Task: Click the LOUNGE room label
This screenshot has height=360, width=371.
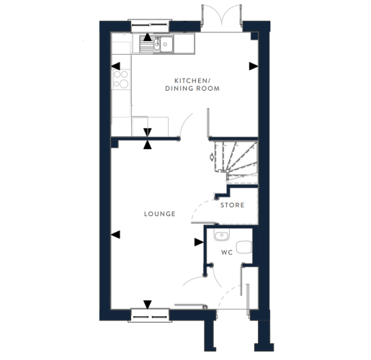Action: pos(160,214)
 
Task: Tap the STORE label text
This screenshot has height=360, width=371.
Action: pos(233,205)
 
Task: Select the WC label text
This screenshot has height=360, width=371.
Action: pos(227,253)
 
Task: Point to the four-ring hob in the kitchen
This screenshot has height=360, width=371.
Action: pos(121,79)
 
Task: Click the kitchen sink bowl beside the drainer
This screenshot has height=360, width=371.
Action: pos(166,45)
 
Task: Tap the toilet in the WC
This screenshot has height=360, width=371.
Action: pos(244,247)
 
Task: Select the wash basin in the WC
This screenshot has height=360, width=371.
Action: pos(222,235)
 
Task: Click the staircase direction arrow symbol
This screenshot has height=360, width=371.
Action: pos(212,157)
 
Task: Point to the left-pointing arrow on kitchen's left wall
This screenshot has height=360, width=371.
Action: pos(115,66)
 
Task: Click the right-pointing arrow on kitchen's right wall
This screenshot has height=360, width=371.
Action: pos(254,66)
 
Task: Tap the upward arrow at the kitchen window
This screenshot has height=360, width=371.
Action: pos(148,37)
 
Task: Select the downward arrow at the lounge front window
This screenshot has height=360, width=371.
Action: pos(148,305)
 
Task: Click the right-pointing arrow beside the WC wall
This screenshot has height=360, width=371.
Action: pos(199,242)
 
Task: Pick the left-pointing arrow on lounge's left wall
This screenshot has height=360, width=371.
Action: pos(115,235)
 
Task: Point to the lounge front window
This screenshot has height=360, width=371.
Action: pos(150,315)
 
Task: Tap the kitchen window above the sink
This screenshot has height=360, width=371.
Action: pos(150,25)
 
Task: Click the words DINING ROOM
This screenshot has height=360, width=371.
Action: pos(192,89)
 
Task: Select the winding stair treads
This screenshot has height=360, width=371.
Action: pos(236,161)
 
